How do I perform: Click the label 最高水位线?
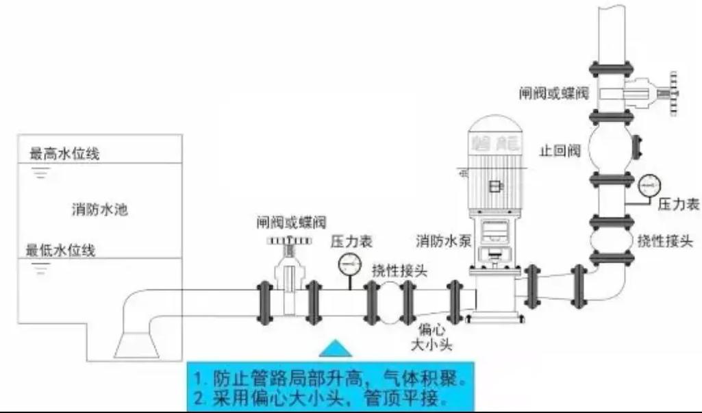(x=64, y=154)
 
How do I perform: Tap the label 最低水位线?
(x=60, y=249)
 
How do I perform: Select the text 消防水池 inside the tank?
(x=100, y=209)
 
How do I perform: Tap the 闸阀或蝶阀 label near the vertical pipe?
(x=554, y=92)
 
